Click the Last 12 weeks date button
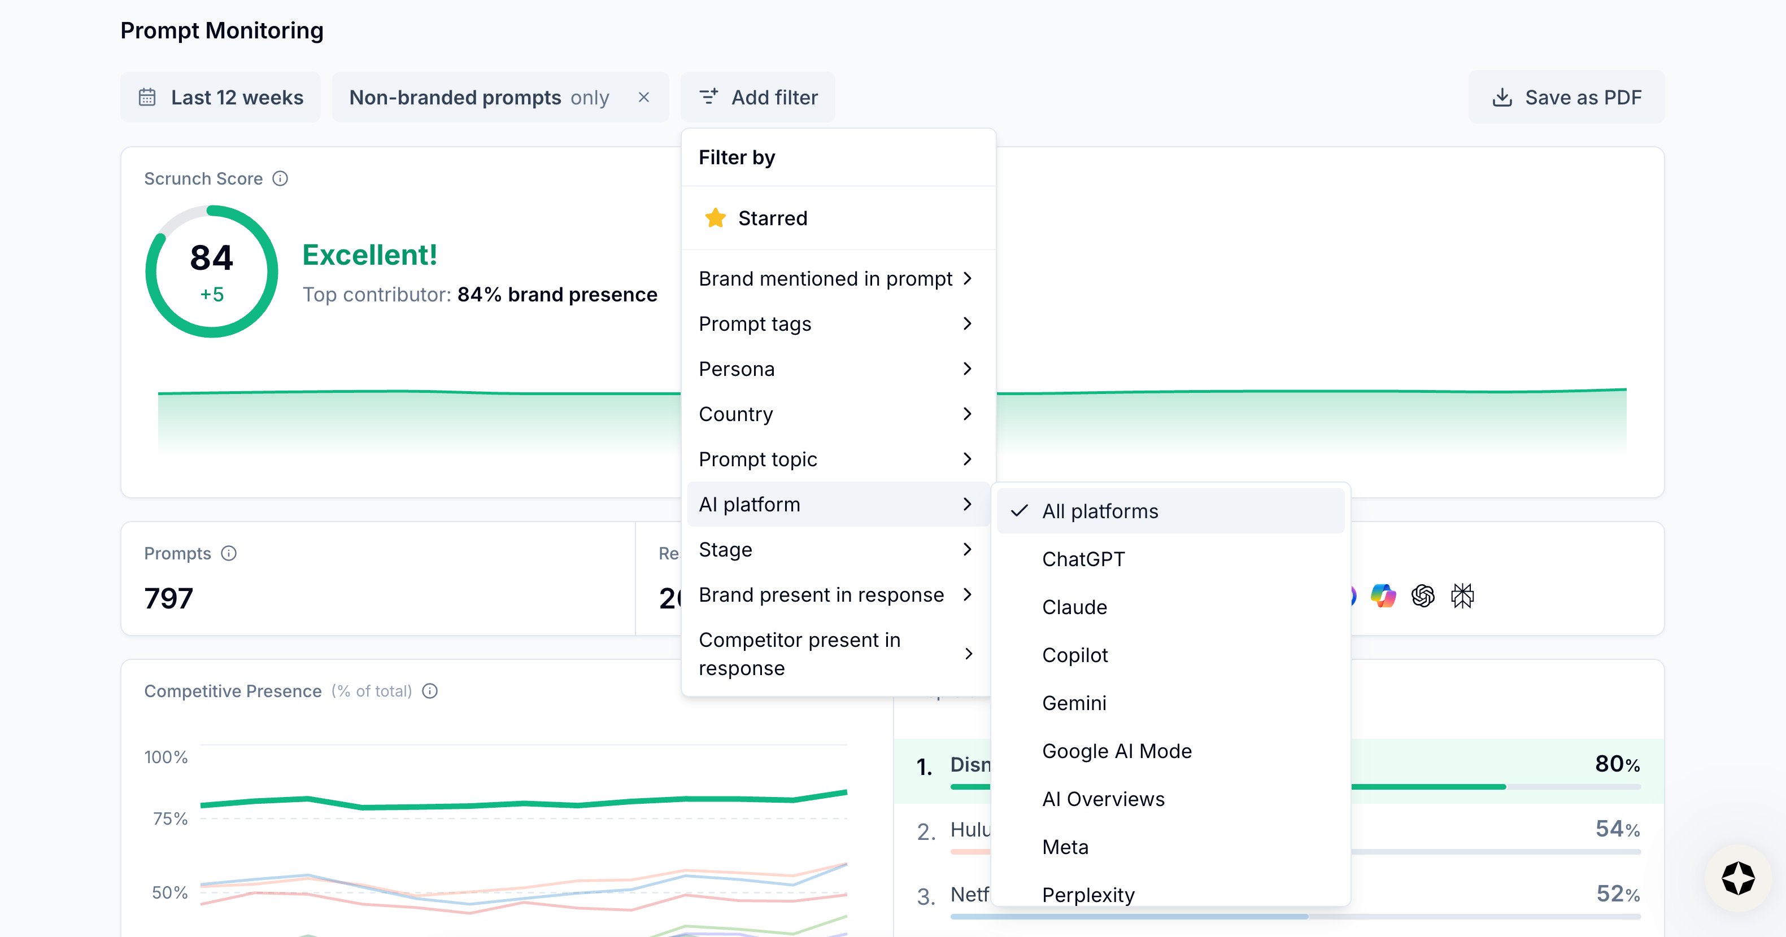coord(220,98)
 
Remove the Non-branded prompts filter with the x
coord(643,98)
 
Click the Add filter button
coord(758,98)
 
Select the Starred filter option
coord(772,218)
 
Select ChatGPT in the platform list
coord(1083,559)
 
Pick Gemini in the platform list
coord(1074,703)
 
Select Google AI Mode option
coord(1116,751)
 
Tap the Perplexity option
coord(1088,894)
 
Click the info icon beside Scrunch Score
coord(280,179)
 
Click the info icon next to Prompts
coord(229,553)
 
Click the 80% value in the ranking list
coord(1617,764)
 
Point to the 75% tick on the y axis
coord(170,818)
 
